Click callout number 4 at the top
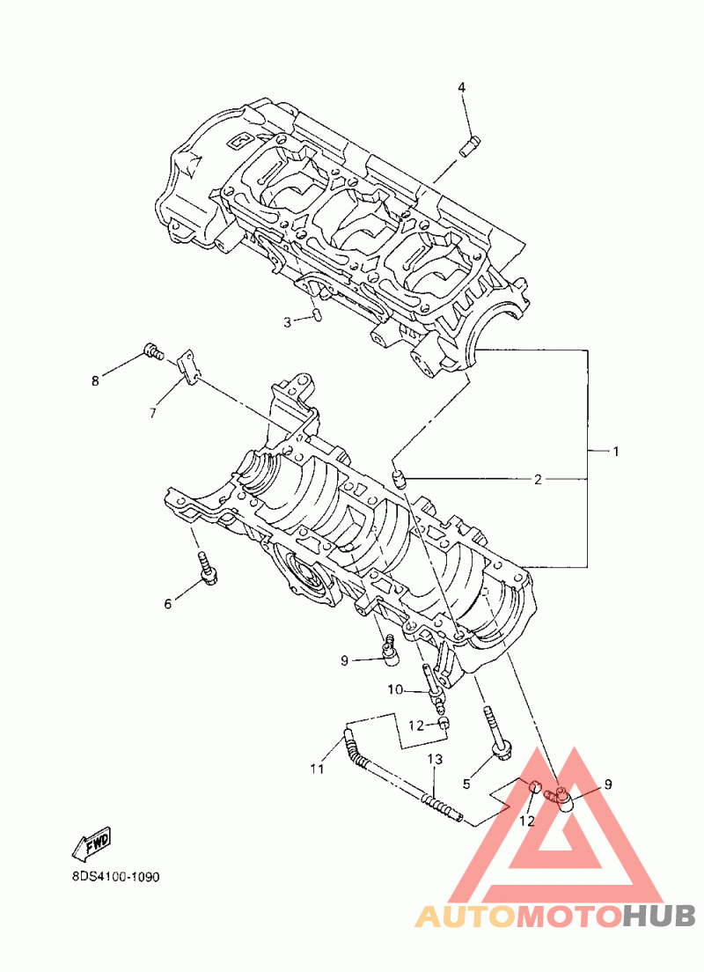tap(462, 87)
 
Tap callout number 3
tap(287, 322)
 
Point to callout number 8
tap(95, 380)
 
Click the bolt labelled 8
tap(153, 351)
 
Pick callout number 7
tap(153, 413)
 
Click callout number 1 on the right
tap(615, 452)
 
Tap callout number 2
tap(538, 479)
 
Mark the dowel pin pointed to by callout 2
tap(400, 479)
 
